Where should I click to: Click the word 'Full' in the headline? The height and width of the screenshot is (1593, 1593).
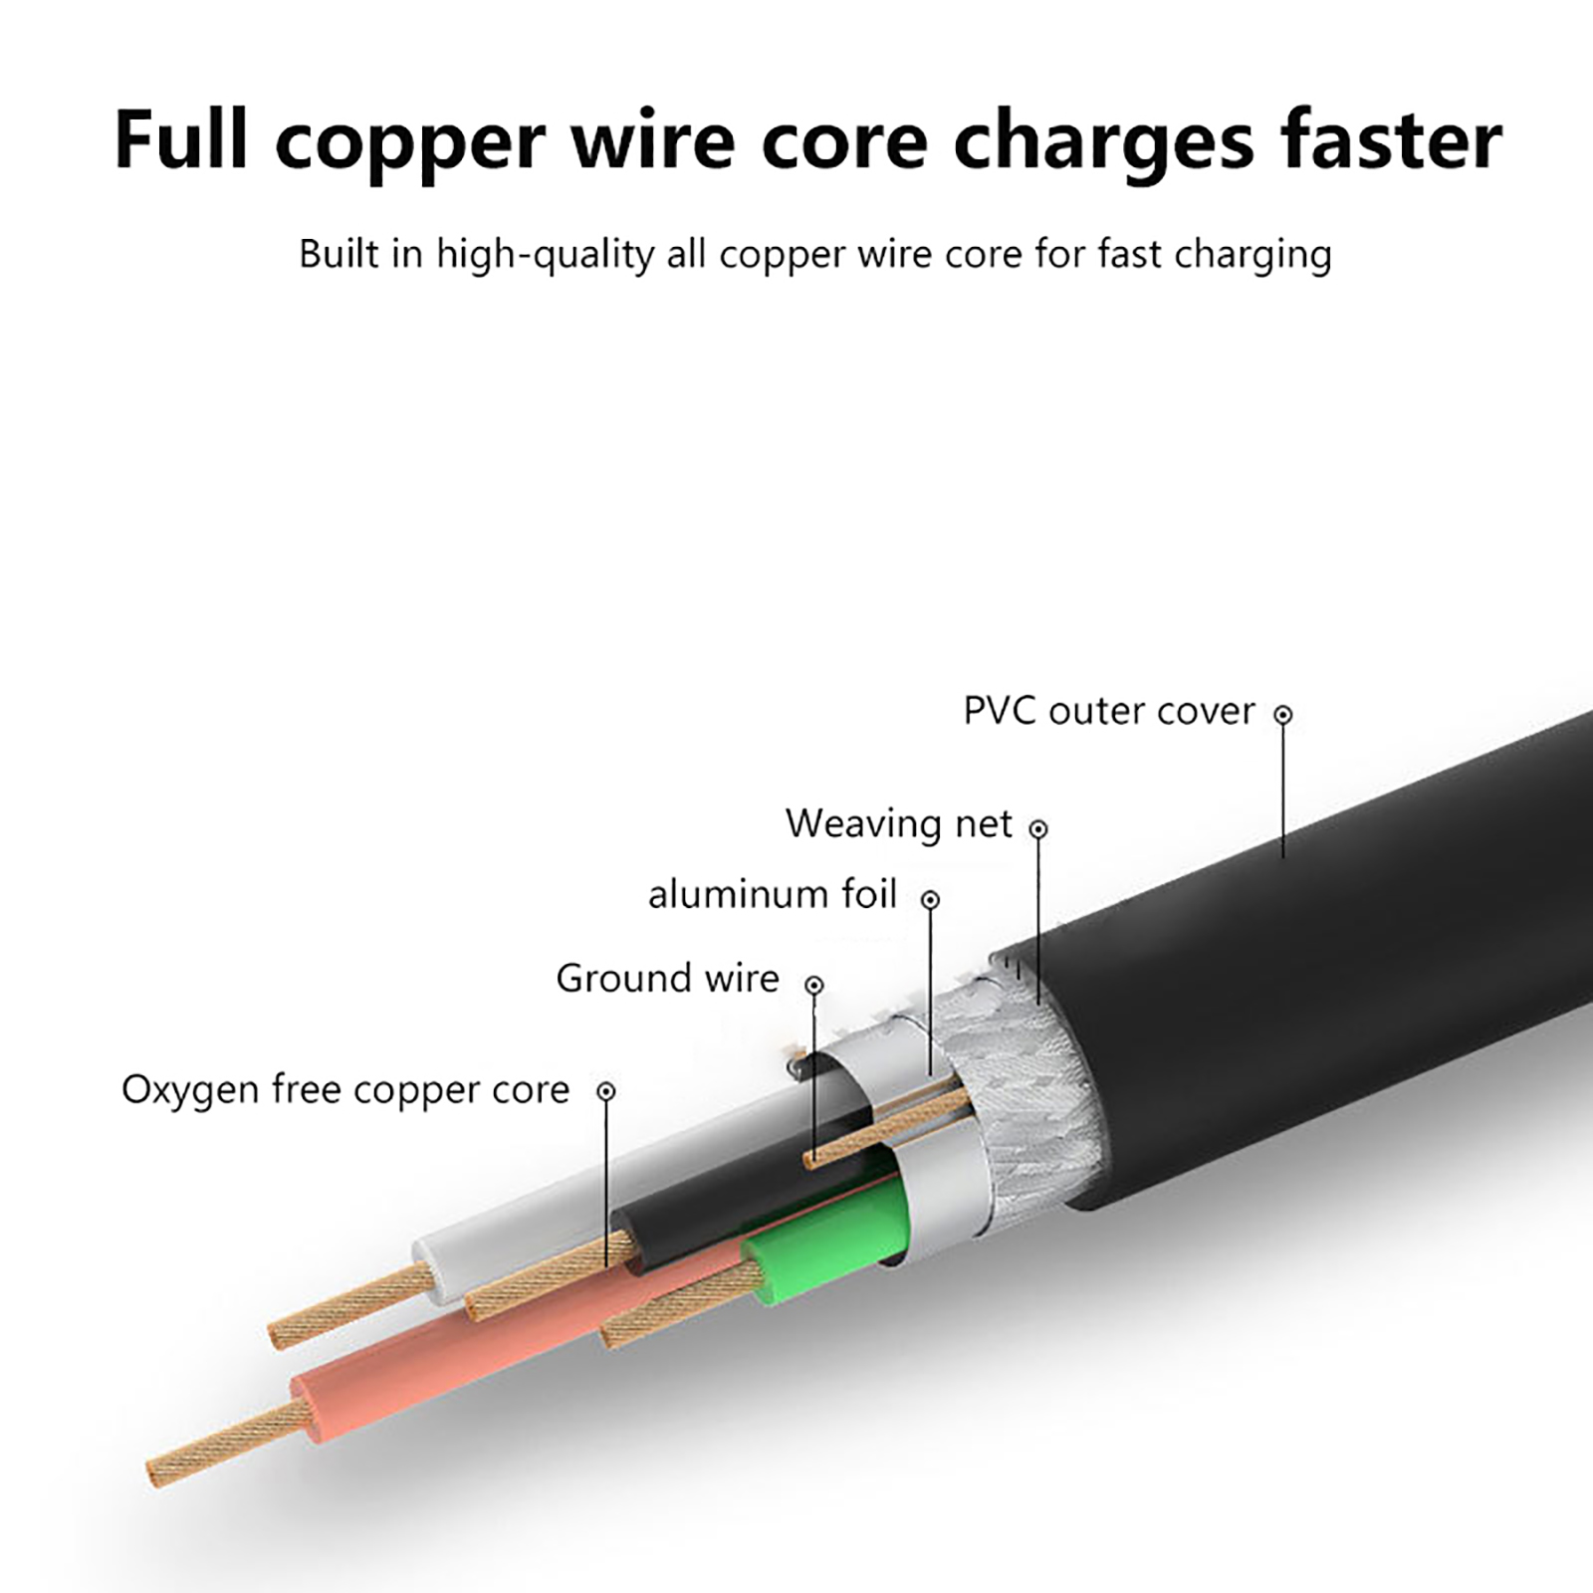pos(180,139)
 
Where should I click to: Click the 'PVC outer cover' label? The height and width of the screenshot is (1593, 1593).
pos(1108,712)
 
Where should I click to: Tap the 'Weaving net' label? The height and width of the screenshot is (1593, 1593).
pos(898,824)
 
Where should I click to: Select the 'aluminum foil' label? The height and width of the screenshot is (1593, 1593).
pos(773,895)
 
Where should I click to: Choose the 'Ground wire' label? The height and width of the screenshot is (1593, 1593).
pos(667,979)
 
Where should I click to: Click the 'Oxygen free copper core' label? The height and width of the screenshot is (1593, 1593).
pos(345,1090)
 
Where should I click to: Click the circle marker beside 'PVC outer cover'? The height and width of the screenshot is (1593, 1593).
pos(1283,715)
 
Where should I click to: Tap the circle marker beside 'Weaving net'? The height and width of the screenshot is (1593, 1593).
pos(1038,828)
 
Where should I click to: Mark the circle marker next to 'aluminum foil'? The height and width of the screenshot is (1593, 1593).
pos(931,900)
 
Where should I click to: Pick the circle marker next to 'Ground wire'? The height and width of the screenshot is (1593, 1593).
pos(814,985)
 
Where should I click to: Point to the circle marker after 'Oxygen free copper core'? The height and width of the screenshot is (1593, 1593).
pos(606,1091)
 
